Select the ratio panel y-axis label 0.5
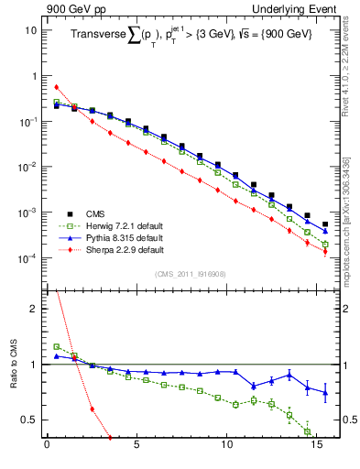tap(28, 420)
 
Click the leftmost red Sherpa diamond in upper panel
tap(56, 88)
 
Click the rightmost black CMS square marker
tap(325, 224)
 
